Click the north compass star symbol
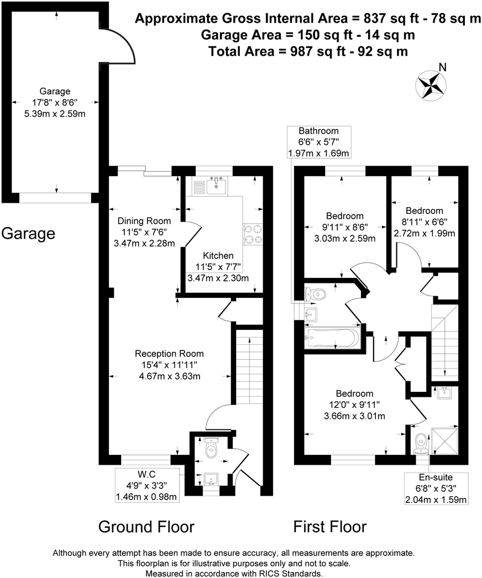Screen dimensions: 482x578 click(430, 84)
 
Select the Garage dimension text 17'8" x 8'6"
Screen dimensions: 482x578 click(55, 102)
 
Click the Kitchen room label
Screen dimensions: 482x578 click(218, 256)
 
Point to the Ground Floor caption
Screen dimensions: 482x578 click(146, 527)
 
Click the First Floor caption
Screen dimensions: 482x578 click(329, 527)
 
